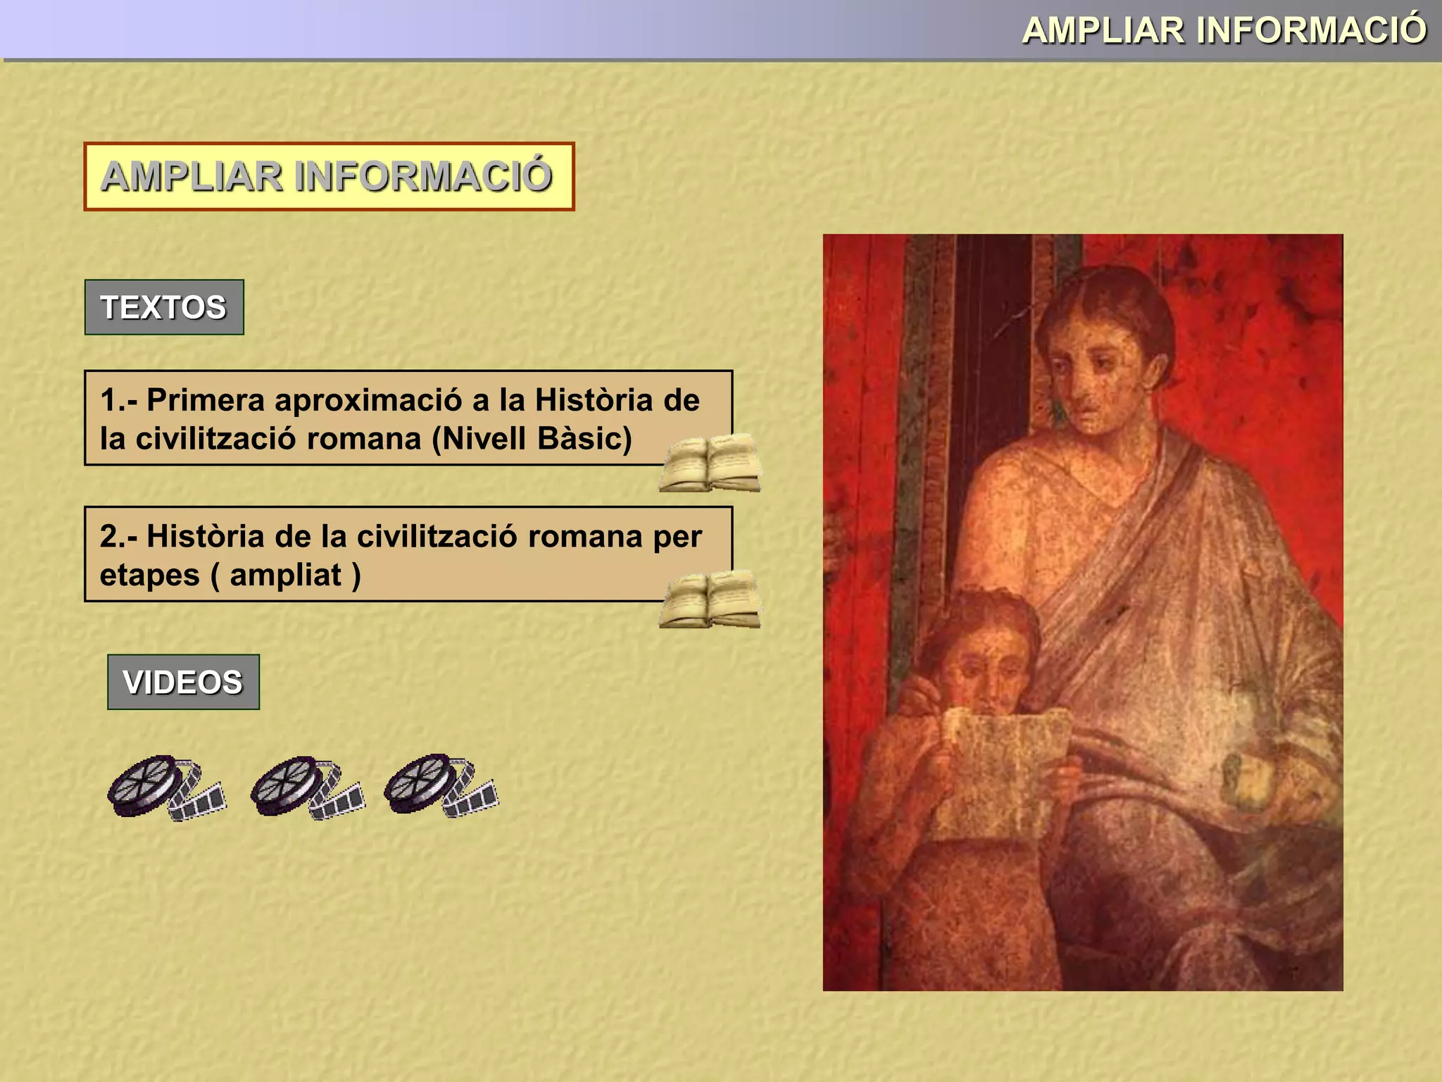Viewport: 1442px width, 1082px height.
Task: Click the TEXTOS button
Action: (164, 307)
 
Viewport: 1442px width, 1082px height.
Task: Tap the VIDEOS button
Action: (183, 682)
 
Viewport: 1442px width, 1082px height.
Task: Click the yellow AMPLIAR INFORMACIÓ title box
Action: (329, 176)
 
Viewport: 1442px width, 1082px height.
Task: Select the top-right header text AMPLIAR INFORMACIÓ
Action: (1224, 30)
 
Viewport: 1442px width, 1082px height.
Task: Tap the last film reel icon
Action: (441, 786)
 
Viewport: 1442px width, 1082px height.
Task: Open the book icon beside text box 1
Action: (710, 463)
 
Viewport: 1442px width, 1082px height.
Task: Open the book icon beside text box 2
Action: (710, 599)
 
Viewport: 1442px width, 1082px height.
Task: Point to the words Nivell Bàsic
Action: (532, 439)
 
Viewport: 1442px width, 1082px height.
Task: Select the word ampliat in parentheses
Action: (286, 576)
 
